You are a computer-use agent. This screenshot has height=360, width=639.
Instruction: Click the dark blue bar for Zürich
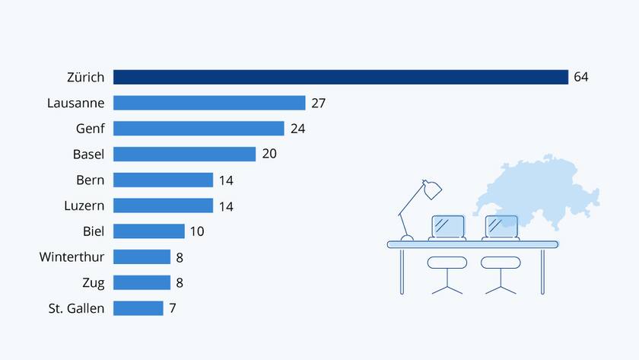coord(341,77)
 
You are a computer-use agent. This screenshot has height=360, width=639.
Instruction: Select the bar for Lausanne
coord(209,103)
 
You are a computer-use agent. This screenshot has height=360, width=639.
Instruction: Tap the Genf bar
coord(199,129)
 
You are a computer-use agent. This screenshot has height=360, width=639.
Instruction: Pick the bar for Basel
coord(184,154)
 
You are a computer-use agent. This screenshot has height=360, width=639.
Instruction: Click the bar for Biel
coord(149,231)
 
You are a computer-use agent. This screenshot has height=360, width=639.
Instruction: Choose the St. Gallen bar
coord(138,308)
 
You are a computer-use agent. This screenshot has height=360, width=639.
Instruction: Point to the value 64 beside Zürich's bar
coord(581,77)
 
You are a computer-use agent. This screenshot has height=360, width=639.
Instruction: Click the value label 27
coord(318,103)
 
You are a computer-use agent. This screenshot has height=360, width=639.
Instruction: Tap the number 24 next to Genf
coord(297,129)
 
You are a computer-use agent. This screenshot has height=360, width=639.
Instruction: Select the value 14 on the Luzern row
coord(226,206)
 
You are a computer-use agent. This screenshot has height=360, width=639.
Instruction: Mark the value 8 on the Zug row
coord(180,283)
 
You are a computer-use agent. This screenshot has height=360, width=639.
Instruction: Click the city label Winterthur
coord(72,257)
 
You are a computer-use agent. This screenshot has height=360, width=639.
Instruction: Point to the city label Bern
coord(91,180)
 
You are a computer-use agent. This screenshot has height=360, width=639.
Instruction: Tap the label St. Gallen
coord(76,308)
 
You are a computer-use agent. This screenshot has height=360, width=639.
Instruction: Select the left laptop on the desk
coord(447,227)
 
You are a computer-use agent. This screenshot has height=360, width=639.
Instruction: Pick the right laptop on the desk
coord(501,227)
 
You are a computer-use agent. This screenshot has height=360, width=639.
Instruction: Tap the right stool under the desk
coord(501,263)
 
